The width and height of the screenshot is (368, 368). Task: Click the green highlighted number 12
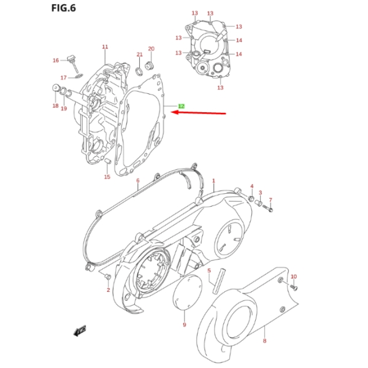(x=181, y=107)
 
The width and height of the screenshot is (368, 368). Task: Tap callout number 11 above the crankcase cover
(x=105, y=47)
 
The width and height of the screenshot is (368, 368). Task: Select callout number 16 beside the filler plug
(x=55, y=60)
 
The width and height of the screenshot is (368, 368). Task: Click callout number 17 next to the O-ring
(x=63, y=78)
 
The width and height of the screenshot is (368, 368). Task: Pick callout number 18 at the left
(x=55, y=107)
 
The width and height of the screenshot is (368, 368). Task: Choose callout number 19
(x=64, y=109)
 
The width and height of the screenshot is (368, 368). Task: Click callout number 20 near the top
(x=151, y=48)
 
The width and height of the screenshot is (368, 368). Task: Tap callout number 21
(x=139, y=54)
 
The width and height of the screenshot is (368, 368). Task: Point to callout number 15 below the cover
(x=107, y=177)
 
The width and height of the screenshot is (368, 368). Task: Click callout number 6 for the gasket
(x=137, y=180)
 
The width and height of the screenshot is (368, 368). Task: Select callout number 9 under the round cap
(x=184, y=324)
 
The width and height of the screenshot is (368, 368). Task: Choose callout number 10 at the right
(x=293, y=277)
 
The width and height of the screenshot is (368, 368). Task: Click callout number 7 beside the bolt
(x=270, y=200)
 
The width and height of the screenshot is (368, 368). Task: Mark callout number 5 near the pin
(x=209, y=270)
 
